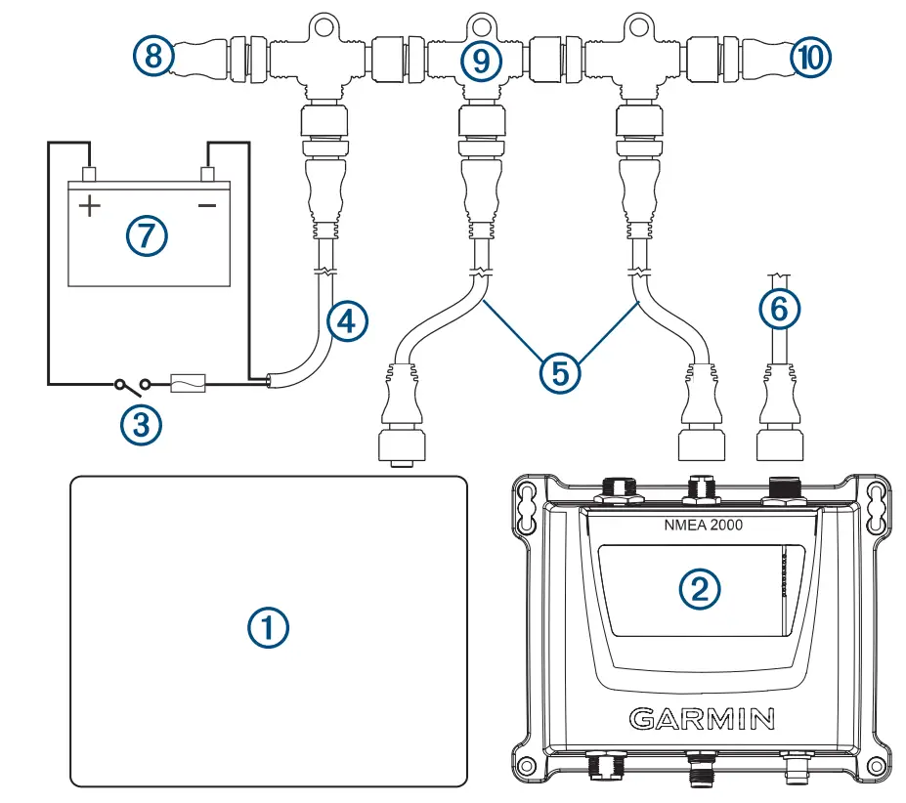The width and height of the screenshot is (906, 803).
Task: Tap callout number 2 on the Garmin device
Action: (x=700, y=586)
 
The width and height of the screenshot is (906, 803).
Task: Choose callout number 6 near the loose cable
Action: (x=779, y=310)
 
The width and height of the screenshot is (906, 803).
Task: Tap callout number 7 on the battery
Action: (x=148, y=234)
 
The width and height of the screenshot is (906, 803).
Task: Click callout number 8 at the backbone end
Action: (x=153, y=57)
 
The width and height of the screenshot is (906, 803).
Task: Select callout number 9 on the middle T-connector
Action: (x=479, y=61)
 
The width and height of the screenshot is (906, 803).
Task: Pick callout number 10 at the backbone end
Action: (x=811, y=57)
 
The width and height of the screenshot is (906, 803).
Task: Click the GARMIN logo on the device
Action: (x=702, y=720)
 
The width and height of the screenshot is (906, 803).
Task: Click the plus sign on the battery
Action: (x=89, y=206)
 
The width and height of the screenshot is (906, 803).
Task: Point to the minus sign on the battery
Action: (x=207, y=206)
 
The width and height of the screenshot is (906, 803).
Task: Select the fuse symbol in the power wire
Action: (x=188, y=383)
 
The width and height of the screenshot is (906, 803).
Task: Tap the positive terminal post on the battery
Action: (x=89, y=174)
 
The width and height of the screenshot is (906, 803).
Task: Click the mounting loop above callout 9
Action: (x=479, y=20)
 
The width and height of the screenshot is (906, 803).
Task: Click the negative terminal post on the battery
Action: (x=207, y=174)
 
